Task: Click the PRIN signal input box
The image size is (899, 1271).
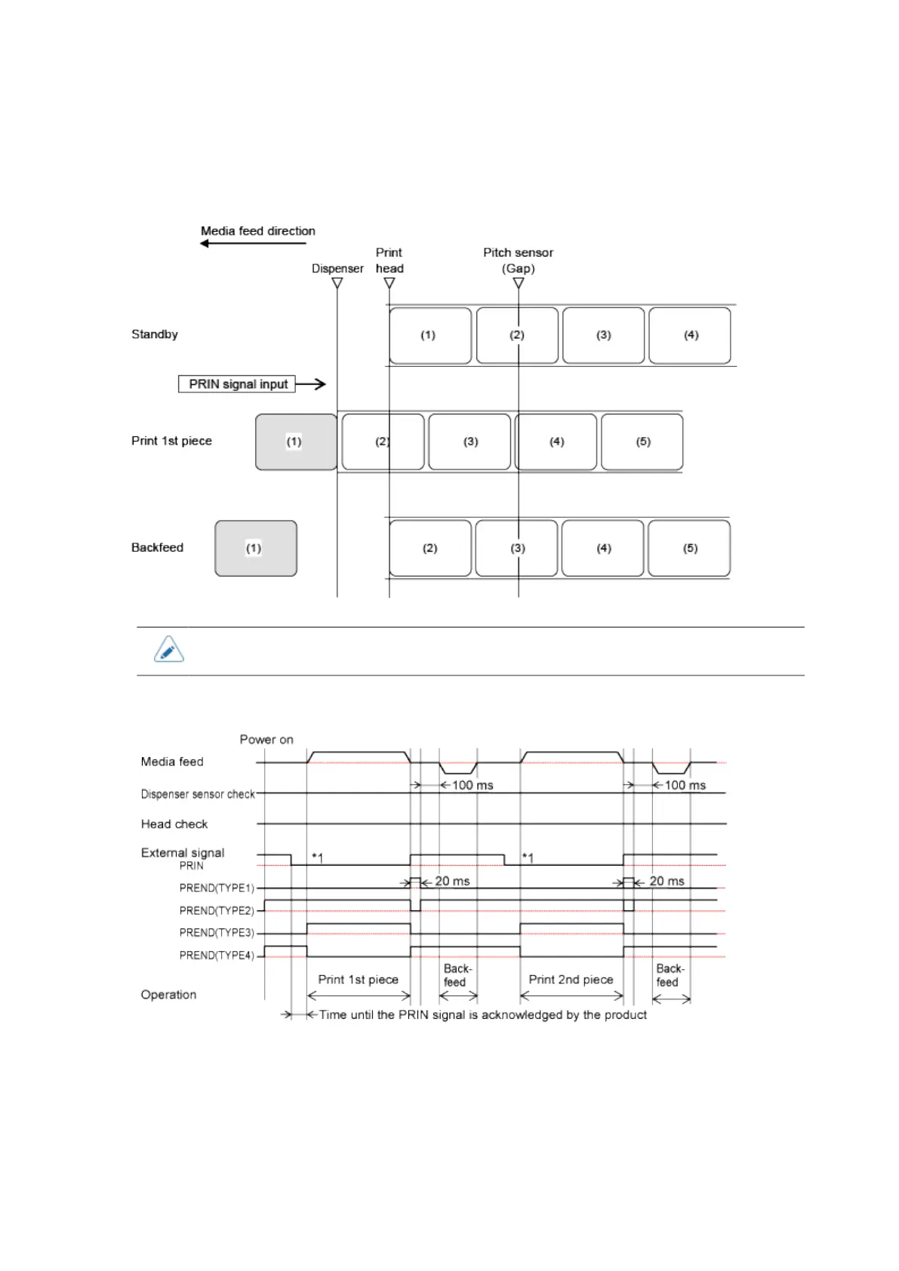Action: click(x=237, y=384)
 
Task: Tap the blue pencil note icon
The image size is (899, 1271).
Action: click(x=168, y=649)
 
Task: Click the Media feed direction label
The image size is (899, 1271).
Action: click(x=257, y=231)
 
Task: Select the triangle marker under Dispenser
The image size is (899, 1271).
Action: click(x=337, y=283)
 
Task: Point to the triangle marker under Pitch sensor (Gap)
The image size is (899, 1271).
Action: click(x=519, y=283)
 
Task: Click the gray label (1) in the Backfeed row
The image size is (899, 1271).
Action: click(x=256, y=548)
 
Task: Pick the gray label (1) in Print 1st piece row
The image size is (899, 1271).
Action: click(x=296, y=442)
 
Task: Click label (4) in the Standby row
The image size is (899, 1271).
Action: click(x=690, y=335)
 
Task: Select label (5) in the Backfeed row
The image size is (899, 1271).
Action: click(x=689, y=548)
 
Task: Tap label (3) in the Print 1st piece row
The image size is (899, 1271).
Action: click(x=470, y=442)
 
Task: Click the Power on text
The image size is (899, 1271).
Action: click(x=266, y=740)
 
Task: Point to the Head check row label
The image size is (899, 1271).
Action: click(x=174, y=824)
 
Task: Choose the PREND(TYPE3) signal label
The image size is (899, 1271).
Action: click(x=217, y=933)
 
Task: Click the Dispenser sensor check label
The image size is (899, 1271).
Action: click(x=198, y=794)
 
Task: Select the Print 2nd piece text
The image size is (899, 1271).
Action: click(x=571, y=980)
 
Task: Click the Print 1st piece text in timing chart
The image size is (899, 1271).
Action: click(x=358, y=980)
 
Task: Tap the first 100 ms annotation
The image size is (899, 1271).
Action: click(x=473, y=786)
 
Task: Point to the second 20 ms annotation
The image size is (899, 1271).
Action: click(x=667, y=882)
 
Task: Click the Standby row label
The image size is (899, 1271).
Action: click(x=155, y=334)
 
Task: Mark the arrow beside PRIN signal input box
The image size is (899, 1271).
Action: click(x=311, y=384)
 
